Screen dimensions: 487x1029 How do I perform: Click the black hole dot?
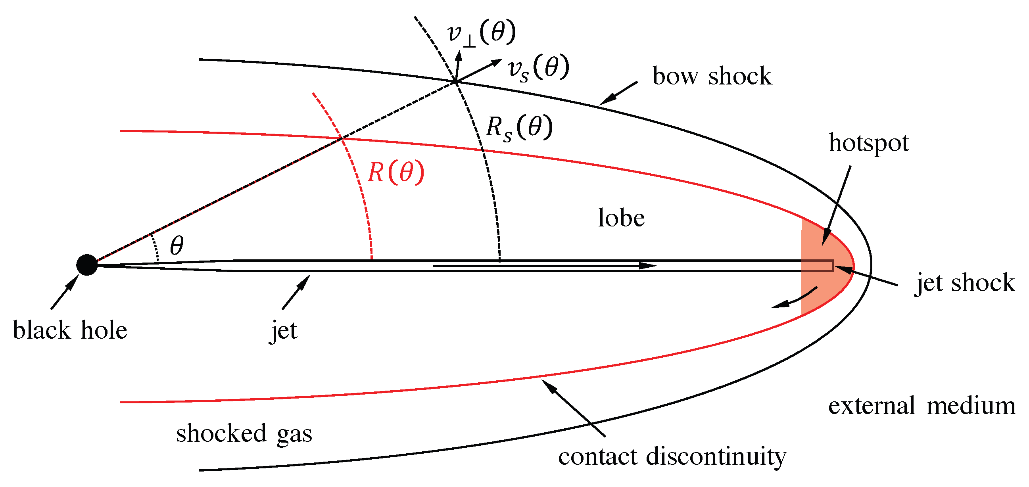pos(87,265)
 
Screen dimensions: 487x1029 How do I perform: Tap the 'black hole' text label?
pos(70,330)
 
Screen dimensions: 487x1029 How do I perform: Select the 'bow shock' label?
pos(712,76)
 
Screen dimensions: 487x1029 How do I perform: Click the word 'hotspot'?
pos(868,143)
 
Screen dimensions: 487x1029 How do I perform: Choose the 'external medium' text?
pos(921,406)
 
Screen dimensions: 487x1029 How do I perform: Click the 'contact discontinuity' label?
pos(672,456)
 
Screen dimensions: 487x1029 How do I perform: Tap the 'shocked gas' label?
pos(244,434)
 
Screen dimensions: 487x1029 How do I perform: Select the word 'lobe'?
pos(621,218)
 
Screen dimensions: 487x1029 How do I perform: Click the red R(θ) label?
pos(395,173)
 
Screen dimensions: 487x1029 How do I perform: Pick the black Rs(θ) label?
pos(519,128)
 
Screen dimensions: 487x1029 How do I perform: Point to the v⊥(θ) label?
pos(481,33)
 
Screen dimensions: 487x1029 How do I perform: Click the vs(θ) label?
pos(538,68)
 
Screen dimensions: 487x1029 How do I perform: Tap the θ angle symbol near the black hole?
pos(177,245)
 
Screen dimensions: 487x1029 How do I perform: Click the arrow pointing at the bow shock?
pos(618,93)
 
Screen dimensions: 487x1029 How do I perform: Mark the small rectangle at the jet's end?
pos(817,266)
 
